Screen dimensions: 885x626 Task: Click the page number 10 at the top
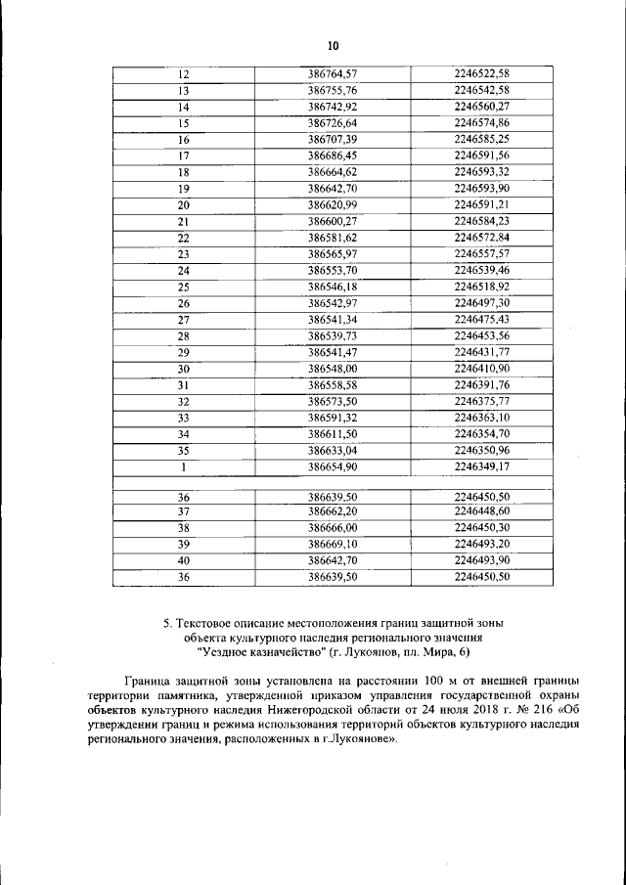pos(332,46)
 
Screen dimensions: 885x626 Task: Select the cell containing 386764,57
pos(333,74)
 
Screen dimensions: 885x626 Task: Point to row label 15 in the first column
pos(183,123)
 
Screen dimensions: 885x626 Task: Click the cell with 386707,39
pos(333,140)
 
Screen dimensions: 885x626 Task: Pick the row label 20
pos(183,204)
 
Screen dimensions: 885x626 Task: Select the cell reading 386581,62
pos(333,238)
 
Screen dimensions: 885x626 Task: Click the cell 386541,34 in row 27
pos(333,319)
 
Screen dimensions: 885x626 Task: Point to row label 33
pos(183,418)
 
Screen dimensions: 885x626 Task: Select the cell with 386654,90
pos(333,466)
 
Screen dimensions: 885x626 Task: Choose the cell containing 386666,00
pos(333,527)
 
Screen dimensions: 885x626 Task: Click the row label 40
pos(183,560)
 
